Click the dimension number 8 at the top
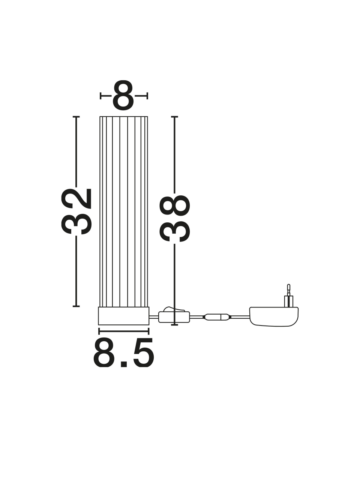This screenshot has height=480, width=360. click(123, 95)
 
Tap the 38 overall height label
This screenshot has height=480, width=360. click(175, 219)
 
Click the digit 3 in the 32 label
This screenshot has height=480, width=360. click(76, 223)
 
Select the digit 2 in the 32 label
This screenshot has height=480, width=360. click(76, 199)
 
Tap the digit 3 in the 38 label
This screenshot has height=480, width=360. click(175, 231)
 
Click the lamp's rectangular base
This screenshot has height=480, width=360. click(124, 316)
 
